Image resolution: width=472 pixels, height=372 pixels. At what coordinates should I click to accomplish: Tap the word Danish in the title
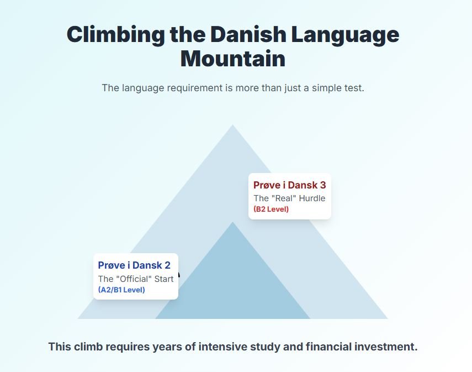pyautogui.click(x=248, y=34)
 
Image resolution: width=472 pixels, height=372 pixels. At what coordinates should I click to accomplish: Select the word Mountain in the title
pyautogui.click(x=233, y=59)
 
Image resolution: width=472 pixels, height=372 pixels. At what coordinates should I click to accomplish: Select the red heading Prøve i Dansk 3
pyautogui.click(x=290, y=185)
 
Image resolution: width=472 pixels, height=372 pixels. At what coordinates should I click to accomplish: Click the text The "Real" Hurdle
pyautogui.click(x=289, y=198)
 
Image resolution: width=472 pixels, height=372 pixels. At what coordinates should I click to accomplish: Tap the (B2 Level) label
pyautogui.click(x=271, y=209)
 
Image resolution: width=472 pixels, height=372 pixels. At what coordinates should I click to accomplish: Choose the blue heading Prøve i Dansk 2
pyautogui.click(x=134, y=265)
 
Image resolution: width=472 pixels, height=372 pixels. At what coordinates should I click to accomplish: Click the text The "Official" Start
pyautogui.click(x=136, y=279)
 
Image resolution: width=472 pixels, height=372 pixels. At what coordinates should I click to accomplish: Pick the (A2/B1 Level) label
pyautogui.click(x=121, y=290)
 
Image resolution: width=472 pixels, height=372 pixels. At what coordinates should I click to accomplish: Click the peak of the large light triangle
pyautogui.click(x=232, y=125)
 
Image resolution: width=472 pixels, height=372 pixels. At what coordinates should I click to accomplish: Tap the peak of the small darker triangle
pyautogui.click(x=232, y=222)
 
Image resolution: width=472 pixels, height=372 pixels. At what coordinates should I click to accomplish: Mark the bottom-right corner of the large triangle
pyautogui.click(x=388, y=318)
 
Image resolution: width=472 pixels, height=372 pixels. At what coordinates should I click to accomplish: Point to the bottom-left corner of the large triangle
pyautogui.click(x=77, y=318)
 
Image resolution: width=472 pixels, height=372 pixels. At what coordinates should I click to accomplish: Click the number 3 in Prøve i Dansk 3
pyautogui.click(x=323, y=185)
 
